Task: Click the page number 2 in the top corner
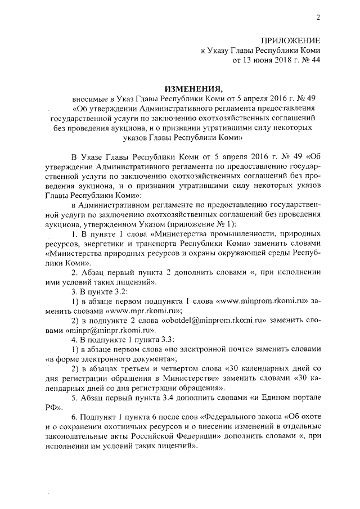click(318, 17)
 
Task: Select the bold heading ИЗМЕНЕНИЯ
click(191, 89)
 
